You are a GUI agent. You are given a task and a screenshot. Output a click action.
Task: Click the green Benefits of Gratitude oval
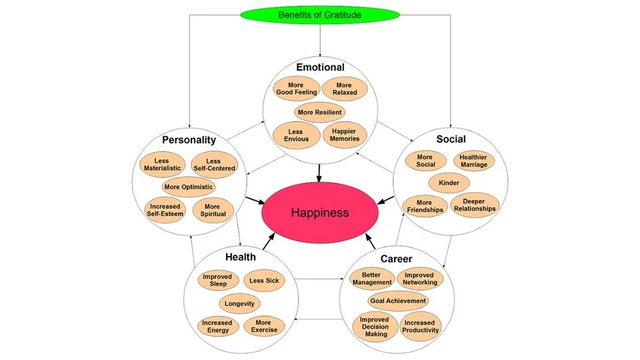[319, 14]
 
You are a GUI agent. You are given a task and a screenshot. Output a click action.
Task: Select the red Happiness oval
[319, 213]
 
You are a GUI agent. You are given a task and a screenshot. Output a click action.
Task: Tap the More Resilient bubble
[319, 112]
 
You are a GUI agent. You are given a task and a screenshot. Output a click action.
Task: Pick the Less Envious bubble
[295, 135]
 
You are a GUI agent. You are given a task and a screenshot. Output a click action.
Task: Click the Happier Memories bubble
[345, 135]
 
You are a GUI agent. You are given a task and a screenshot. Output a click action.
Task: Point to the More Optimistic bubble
[188, 187]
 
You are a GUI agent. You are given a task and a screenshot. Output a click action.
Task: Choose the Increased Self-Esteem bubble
[163, 209]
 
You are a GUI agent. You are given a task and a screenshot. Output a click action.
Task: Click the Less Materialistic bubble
[162, 164]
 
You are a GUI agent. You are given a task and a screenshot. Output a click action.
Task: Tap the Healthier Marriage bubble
[474, 161]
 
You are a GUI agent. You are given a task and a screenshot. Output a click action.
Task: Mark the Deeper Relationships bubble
[474, 205]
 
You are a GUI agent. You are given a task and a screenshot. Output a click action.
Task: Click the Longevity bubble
[239, 303]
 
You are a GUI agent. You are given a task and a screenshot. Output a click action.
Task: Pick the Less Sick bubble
[264, 281]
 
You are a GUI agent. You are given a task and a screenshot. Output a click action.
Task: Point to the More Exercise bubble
[264, 326]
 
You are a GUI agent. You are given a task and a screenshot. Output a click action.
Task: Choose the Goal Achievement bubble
[397, 301]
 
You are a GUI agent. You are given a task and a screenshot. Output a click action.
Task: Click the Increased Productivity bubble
[421, 326]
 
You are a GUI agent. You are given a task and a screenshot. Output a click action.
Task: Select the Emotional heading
[320, 67]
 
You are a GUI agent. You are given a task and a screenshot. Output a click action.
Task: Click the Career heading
[396, 259]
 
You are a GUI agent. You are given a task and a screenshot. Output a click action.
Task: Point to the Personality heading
[189, 140]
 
